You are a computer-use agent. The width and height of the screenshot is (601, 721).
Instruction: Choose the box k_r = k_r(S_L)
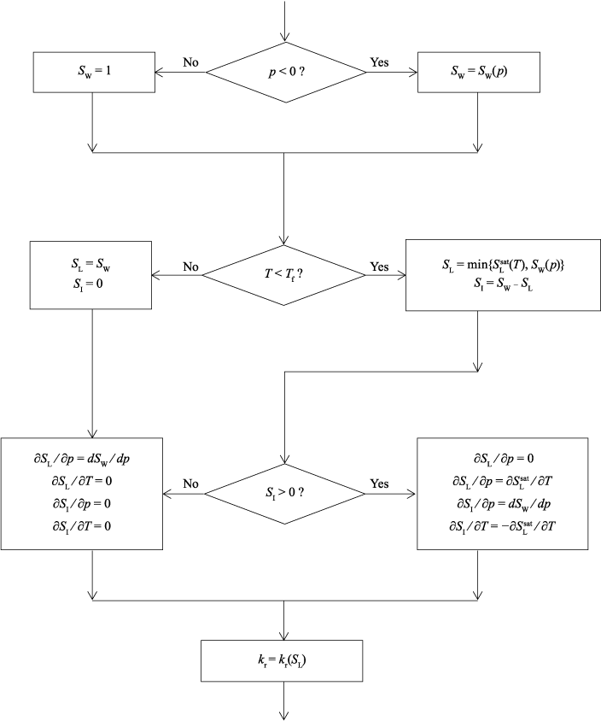tap(284, 658)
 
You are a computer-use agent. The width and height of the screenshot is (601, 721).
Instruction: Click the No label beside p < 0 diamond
tap(192, 63)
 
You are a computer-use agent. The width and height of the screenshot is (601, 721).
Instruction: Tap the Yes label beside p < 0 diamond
tap(381, 63)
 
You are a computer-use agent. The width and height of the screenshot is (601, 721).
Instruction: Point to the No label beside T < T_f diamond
tap(192, 267)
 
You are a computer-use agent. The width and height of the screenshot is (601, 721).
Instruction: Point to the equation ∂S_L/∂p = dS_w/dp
tap(91, 460)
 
